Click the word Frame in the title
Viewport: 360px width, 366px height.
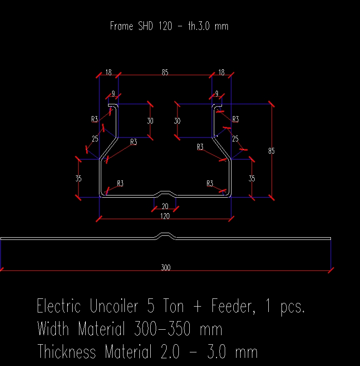pyautogui.click(x=122, y=26)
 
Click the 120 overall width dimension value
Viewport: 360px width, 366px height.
pyautogui.click(x=165, y=216)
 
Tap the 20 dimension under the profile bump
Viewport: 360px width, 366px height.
pyautogui.click(x=165, y=206)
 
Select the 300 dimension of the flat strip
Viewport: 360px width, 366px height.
pyautogui.click(x=166, y=268)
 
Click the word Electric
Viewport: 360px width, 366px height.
pyautogui.click(x=59, y=307)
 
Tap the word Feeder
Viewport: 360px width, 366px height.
pyautogui.click(x=231, y=307)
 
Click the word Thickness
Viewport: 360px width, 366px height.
pyautogui.click(x=67, y=351)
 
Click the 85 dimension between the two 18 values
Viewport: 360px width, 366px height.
pyautogui.click(x=165, y=72)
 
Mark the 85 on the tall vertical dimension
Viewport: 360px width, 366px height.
pyautogui.click(x=271, y=151)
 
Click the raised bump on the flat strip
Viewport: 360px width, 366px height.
pyautogui.click(x=166, y=235)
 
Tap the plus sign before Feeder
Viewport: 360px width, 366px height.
pyautogui.click(x=197, y=307)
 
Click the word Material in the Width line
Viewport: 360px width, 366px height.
pyautogui.click(x=105, y=329)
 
